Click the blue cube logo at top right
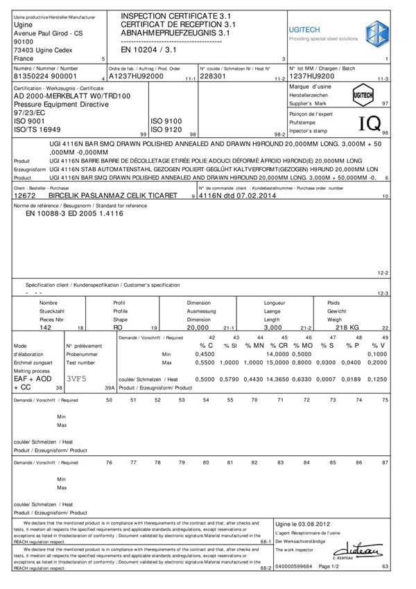point(381,33)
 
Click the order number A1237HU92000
point(136,77)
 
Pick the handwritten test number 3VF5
point(78,380)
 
